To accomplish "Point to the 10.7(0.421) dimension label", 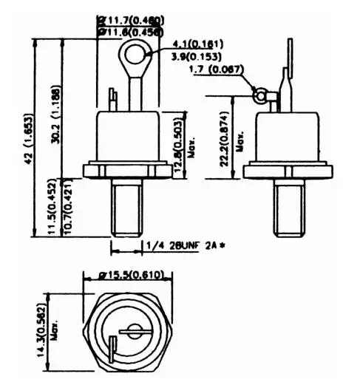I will point(68,210).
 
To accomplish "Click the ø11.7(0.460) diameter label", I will point(131,19).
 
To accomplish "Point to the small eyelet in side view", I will point(259,94).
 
